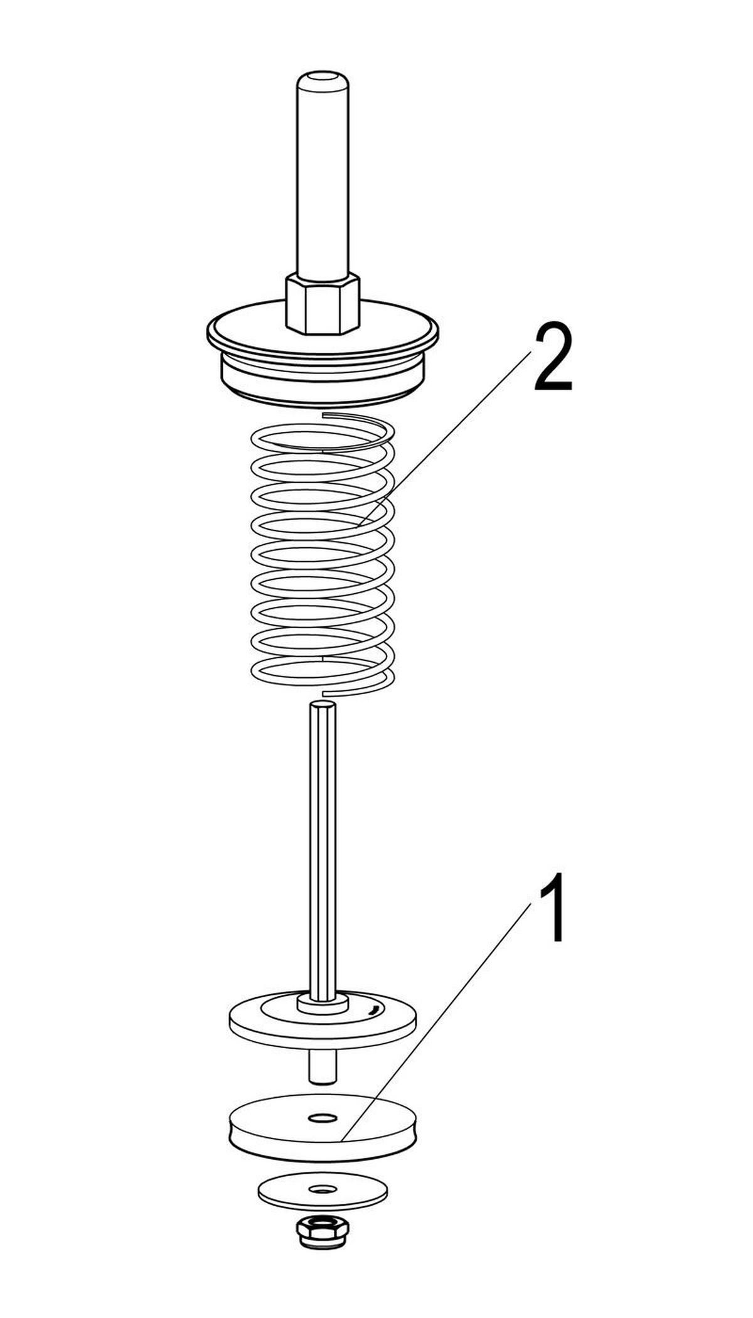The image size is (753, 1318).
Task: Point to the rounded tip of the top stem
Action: point(323,80)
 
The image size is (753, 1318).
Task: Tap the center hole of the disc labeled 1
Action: point(323,1118)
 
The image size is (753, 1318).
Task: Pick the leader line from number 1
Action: point(436,1022)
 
